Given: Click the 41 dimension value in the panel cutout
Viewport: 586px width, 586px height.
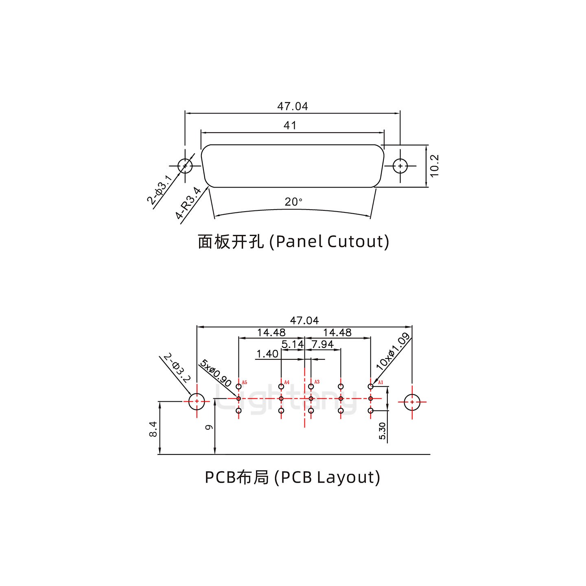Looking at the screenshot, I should point(290,125).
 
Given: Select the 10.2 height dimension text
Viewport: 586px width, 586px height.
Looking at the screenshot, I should point(434,166).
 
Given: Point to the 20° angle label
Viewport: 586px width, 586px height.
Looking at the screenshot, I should point(293,202).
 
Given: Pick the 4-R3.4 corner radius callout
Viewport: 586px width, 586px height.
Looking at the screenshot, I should point(188,203).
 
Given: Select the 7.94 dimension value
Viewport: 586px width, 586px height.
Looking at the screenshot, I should point(322,344).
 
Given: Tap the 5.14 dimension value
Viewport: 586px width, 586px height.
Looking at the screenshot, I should point(293,344).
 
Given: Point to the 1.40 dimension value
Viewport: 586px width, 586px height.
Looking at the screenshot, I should point(267,354).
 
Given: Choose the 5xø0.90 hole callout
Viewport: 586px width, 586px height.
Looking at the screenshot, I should point(216,374).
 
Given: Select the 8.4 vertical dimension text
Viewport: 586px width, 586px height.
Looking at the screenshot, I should point(153,429).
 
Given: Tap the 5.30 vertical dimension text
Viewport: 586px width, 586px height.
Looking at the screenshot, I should point(382,431).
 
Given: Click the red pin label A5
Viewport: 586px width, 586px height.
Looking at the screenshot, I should point(244,383).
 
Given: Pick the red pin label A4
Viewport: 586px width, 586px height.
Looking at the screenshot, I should point(286,382).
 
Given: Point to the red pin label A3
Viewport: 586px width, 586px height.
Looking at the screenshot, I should point(317,382).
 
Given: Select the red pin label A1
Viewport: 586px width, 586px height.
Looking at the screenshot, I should point(380,383).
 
